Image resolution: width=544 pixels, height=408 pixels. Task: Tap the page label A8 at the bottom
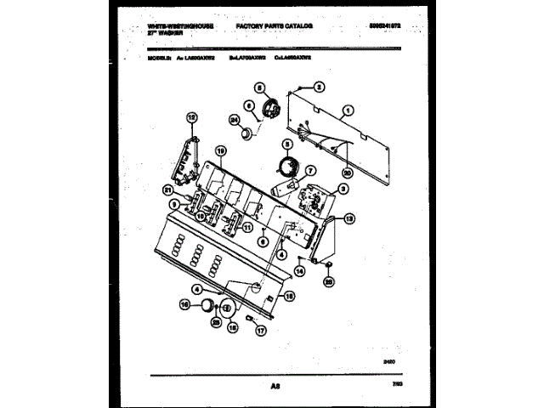pos(275,387)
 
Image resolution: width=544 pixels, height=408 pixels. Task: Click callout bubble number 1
pos(348,110)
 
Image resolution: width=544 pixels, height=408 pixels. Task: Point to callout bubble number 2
pos(319,86)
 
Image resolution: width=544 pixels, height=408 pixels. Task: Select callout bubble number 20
pos(346,173)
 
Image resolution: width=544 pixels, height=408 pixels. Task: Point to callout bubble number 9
pos(173,204)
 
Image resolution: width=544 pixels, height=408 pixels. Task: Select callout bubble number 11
pos(247,228)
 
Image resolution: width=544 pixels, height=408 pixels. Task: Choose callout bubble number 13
pos(350,219)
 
